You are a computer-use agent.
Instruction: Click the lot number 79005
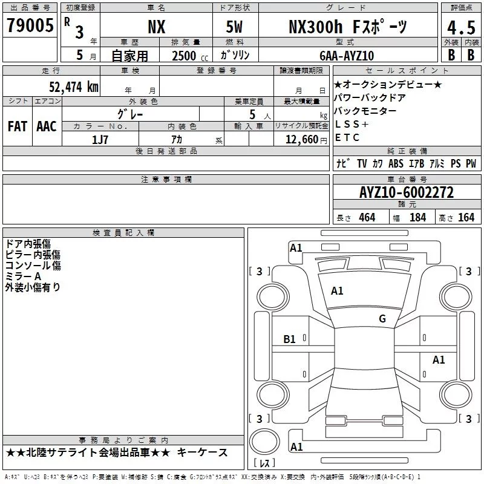(x=30, y=25)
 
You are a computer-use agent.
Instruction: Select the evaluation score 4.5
(x=461, y=27)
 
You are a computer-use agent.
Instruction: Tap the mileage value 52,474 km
(x=74, y=87)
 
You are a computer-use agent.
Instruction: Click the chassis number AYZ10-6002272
(x=407, y=192)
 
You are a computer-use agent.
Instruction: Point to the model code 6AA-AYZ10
(x=347, y=56)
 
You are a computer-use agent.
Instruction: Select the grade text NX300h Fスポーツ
(x=348, y=27)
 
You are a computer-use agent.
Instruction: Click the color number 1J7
(x=100, y=140)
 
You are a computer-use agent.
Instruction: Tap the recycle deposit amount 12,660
(x=302, y=139)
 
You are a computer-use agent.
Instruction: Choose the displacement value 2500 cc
(x=190, y=56)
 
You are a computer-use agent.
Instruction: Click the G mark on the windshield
(x=382, y=318)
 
